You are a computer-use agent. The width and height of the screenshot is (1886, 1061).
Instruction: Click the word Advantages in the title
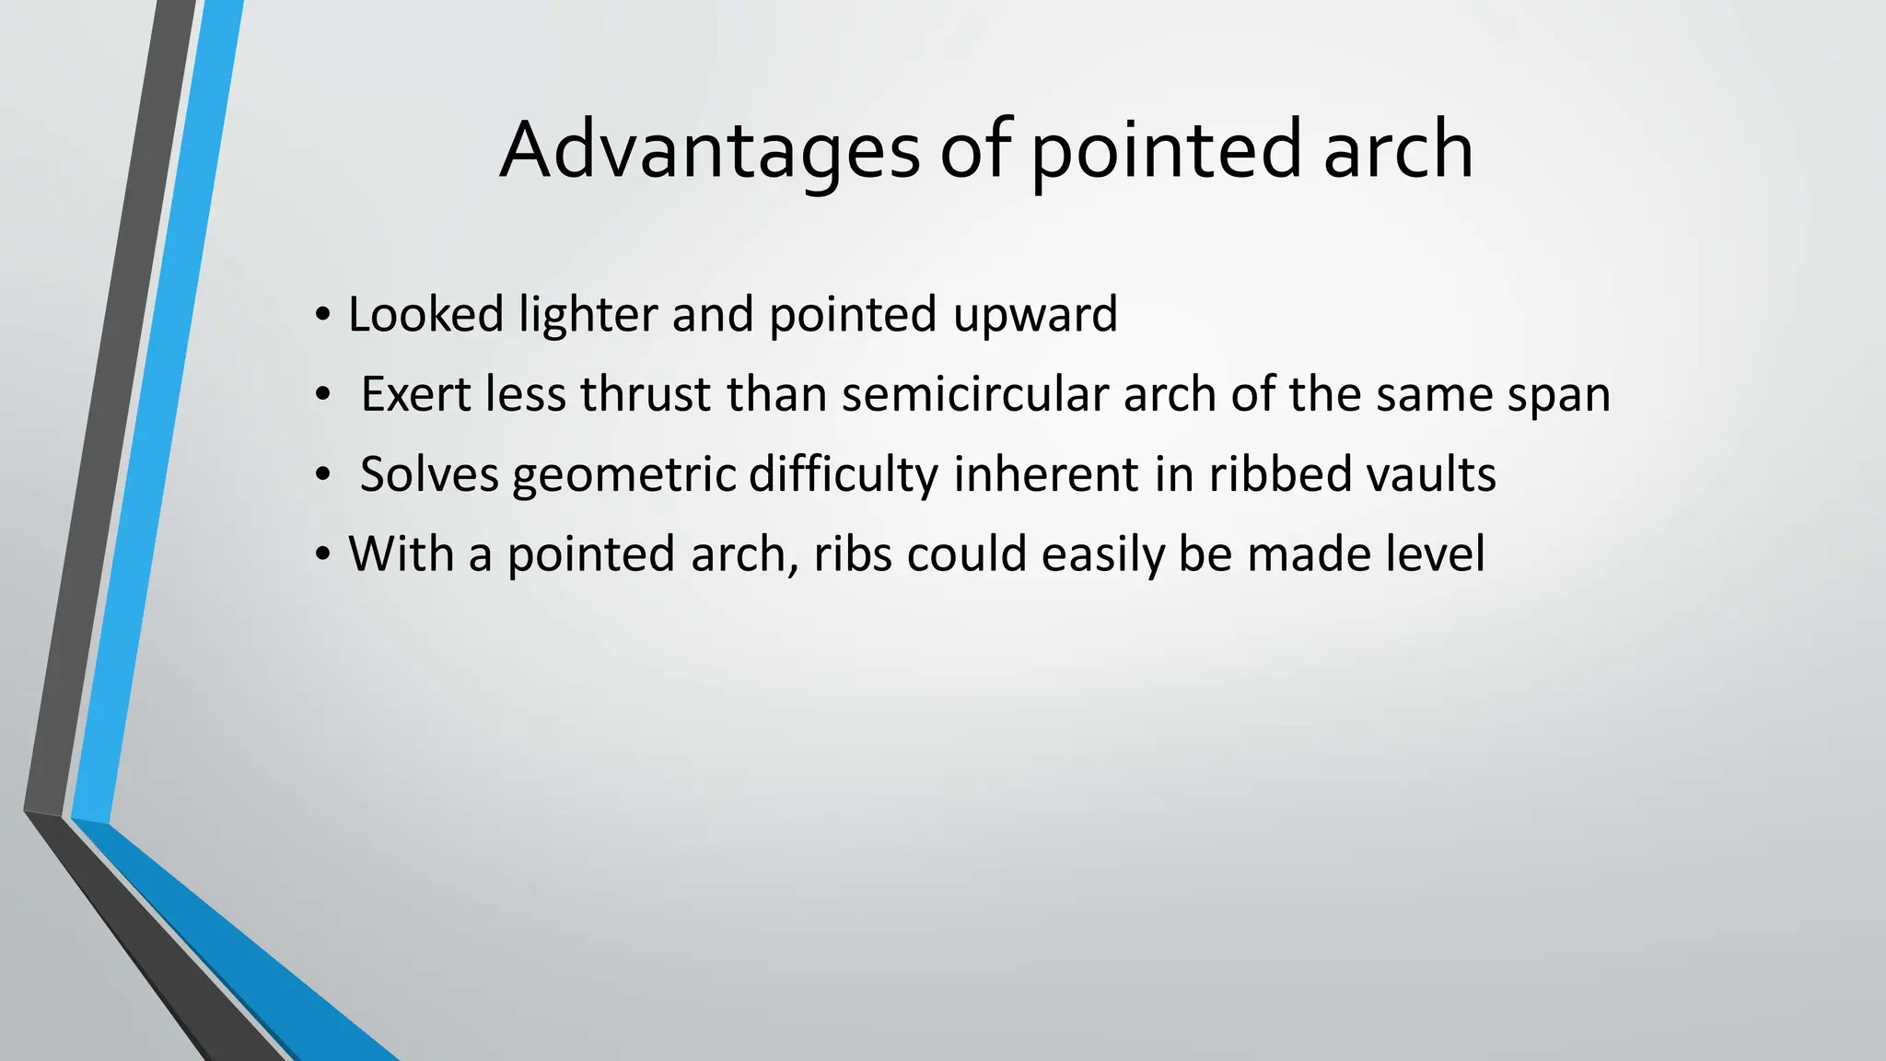[x=709, y=150]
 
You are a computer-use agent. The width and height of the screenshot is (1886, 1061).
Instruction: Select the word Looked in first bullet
[x=425, y=314]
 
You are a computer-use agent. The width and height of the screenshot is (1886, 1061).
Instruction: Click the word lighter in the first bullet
[x=587, y=314]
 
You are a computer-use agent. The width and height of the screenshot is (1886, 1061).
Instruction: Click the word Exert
[x=415, y=394]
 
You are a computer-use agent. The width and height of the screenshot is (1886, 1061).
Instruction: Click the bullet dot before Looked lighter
[x=321, y=316]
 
